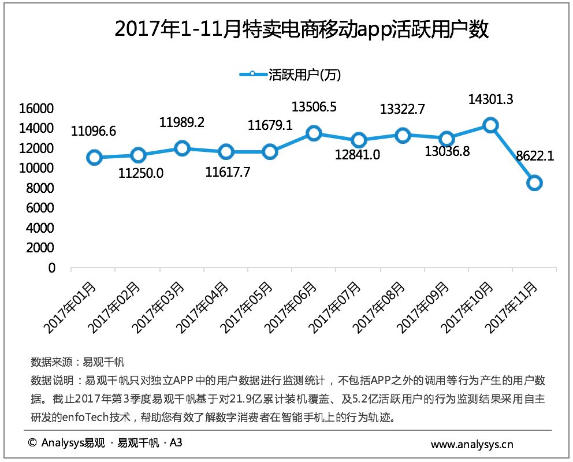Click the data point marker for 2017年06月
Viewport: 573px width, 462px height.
click(x=314, y=133)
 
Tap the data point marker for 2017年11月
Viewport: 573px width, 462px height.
click(x=534, y=183)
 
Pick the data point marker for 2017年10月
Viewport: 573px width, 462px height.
click(x=490, y=125)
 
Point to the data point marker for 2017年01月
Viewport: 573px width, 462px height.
click(x=94, y=157)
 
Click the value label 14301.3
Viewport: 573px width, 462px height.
click(x=490, y=99)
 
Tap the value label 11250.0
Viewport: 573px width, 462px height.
click(x=142, y=173)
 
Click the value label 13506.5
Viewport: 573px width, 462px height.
click(x=314, y=107)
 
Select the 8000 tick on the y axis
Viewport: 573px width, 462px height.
click(x=43, y=188)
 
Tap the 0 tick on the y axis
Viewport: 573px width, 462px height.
click(x=51, y=268)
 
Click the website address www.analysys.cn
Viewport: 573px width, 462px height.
click(x=472, y=445)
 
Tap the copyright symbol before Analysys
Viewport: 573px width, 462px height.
click(x=32, y=444)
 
